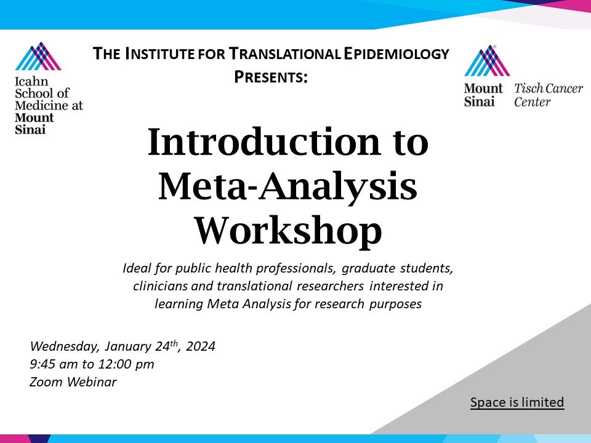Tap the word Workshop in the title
click(288, 231)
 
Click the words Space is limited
click(517, 402)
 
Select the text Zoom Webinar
click(73, 382)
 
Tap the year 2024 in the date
click(200, 346)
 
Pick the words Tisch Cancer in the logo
click(548, 89)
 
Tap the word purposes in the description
click(394, 304)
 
